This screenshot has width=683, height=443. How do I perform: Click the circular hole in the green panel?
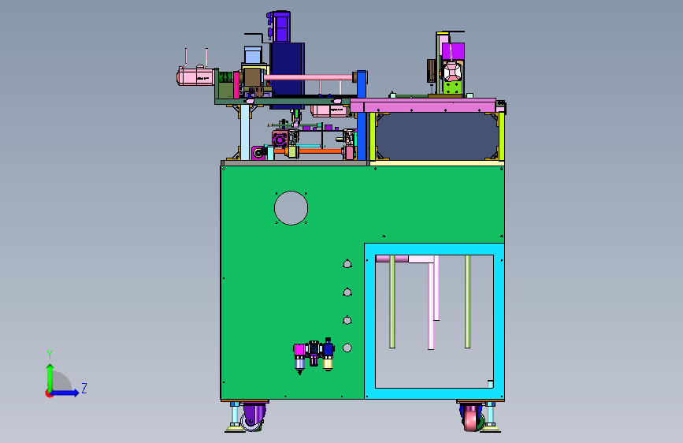pyautogui.click(x=291, y=208)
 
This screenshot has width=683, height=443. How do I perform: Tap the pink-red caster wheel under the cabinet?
pyautogui.click(x=471, y=418)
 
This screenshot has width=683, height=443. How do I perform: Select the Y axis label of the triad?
pyautogui.click(x=50, y=354)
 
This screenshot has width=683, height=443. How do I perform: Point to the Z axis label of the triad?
pyautogui.click(x=84, y=388)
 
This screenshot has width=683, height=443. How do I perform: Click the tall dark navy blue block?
pyautogui.click(x=287, y=75)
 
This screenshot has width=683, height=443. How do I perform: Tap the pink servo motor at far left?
pyautogui.click(x=195, y=76)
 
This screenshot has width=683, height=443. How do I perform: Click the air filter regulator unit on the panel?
pyautogui.click(x=314, y=356)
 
